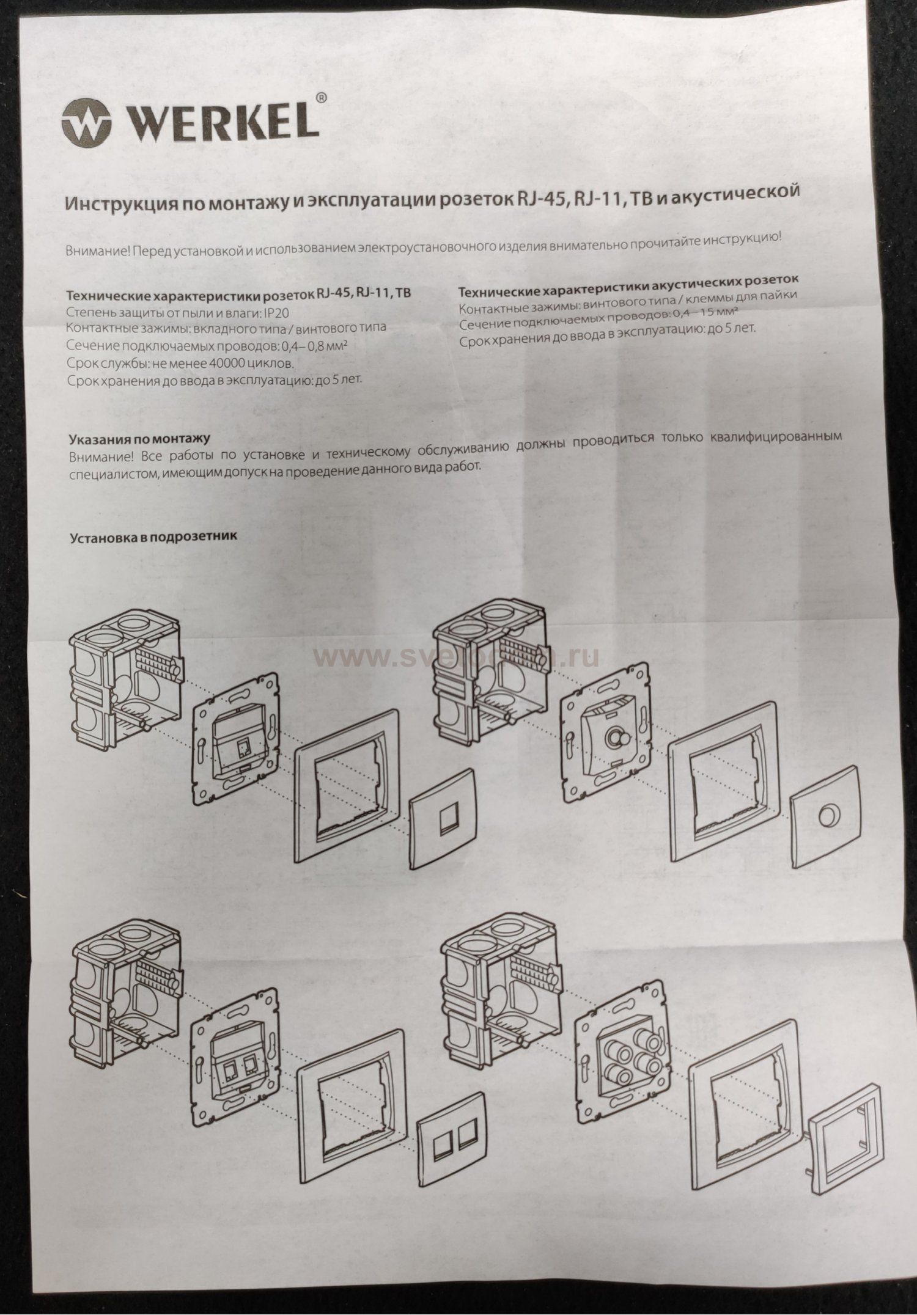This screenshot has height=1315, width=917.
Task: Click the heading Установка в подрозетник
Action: click(x=153, y=538)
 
